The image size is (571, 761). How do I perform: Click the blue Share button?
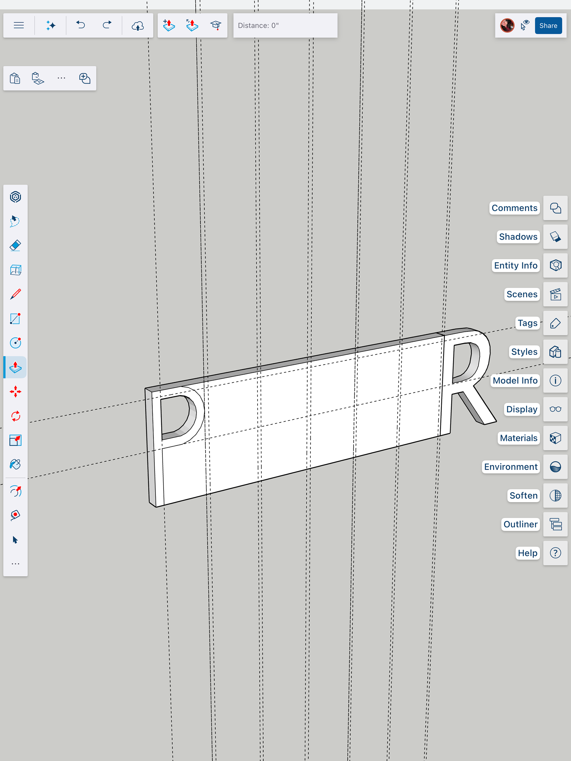point(548,26)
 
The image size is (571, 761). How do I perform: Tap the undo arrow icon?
point(81,25)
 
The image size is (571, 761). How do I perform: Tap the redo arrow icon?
point(107,25)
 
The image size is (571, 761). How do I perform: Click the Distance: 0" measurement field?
point(285,26)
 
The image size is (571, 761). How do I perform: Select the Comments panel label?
point(514,208)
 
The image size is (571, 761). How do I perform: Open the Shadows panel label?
point(518,237)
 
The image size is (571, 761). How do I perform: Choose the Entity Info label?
point(516,265)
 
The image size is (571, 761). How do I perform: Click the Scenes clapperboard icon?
point(555,295)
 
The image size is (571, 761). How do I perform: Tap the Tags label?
point(527,323)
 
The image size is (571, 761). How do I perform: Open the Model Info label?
point(515,380)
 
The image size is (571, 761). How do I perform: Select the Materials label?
point(518,438)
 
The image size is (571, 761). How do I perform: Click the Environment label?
point(511,467)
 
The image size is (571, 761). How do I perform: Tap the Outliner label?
point(520,524)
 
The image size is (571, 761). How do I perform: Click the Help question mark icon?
point(555,553)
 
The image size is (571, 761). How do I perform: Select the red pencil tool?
point(15,294)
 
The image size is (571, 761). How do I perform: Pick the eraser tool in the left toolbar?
point(15,246)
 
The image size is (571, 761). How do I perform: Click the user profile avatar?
point(507,26)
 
